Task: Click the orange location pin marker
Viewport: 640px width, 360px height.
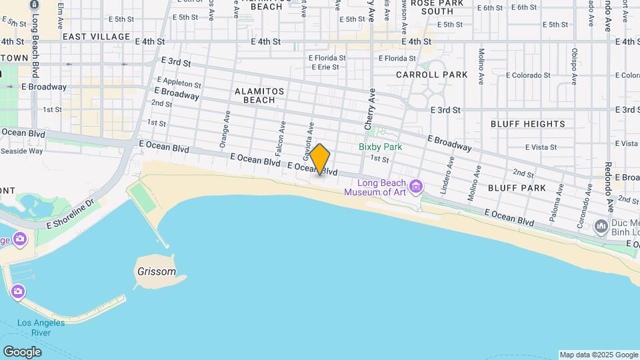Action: [320, 159]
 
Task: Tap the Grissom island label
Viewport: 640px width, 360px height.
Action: [156, 272]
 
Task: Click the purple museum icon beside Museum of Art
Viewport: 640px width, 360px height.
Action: [417, 185]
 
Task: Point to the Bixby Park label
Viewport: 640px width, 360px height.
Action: [380, 147]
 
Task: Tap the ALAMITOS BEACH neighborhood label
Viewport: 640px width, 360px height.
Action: [259, 95]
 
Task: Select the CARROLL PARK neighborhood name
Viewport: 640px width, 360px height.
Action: [432, 75]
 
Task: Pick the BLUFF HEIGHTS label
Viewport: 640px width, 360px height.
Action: [528, 124]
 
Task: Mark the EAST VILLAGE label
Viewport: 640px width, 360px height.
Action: [97, 37]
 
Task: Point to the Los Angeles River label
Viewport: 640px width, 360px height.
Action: [41, 327]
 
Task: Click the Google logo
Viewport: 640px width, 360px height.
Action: [22, 351]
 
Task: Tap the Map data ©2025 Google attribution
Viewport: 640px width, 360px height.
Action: [598, 355]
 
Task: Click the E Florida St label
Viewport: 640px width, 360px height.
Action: [327, 58]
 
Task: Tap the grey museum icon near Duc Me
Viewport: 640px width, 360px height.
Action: [601, 227]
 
